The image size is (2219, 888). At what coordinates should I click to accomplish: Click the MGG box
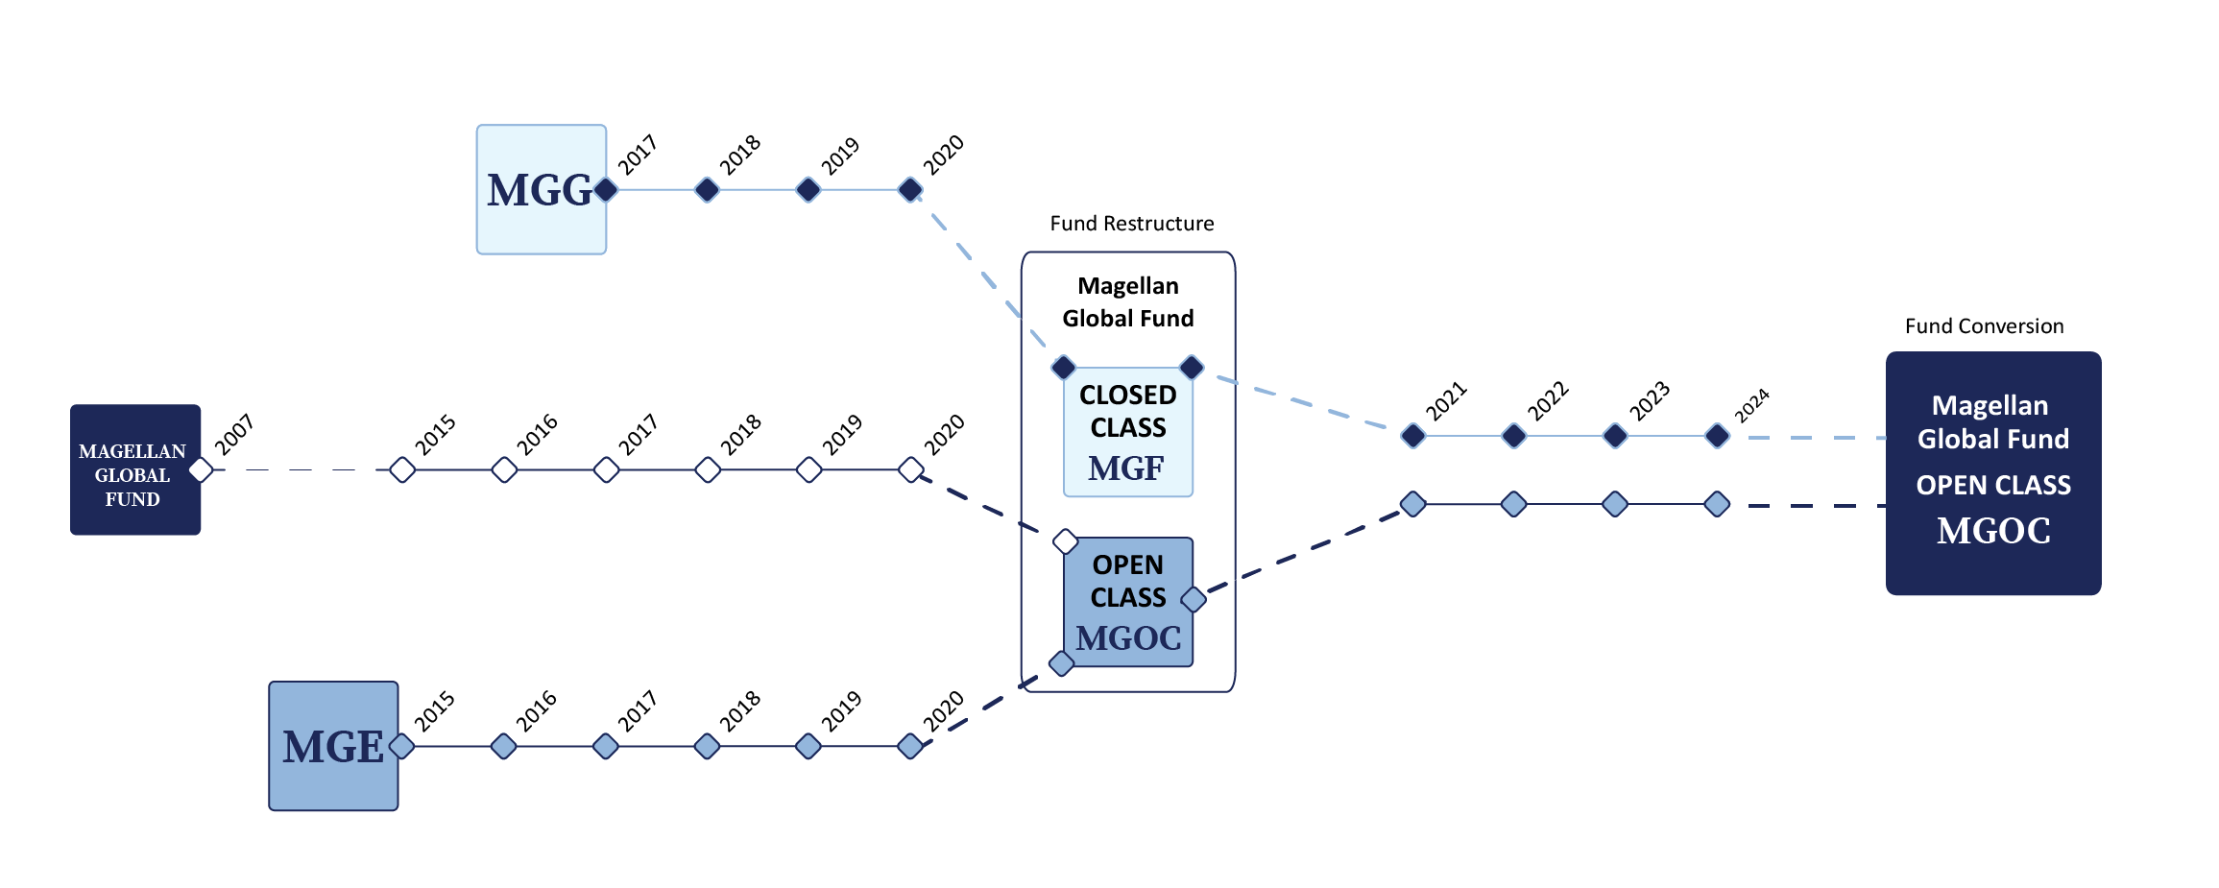(x=541, y=189)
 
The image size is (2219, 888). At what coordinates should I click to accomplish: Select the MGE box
(x=333, y=746)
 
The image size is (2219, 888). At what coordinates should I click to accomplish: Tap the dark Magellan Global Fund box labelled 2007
(x=134, y=470)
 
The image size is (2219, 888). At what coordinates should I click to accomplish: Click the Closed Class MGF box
(x=1127, y=432)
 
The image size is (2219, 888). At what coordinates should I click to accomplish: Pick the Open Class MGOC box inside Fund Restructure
(x=1127, y=602)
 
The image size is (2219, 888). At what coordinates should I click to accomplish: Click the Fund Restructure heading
(x=1131, y=224)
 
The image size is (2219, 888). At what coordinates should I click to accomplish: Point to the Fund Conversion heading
(x=1984, y=326)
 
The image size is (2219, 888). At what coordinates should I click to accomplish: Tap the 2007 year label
(x=233, y=435)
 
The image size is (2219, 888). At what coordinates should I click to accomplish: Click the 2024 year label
(x=1751, y=406)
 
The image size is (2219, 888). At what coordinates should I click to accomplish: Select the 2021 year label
(x=1445, y=401)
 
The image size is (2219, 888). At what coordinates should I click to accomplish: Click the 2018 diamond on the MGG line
(x=707, y=189)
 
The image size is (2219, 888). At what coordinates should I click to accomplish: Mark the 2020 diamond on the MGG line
(x=910, y=189)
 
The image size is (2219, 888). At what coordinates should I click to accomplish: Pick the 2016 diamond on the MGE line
(x=503, y=746)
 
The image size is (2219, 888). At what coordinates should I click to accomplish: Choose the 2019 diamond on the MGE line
(x=808, y=746)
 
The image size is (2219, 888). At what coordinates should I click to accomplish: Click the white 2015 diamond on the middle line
(x=402, y=469)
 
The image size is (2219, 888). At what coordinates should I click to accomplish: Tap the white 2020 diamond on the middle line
(x=910, y=469)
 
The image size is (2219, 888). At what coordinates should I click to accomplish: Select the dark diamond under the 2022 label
(x=1514, y=436)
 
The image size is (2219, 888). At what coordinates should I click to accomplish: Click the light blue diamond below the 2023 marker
(x=1615, y=504)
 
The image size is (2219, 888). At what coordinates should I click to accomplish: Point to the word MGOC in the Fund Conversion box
(x=1993, y=531)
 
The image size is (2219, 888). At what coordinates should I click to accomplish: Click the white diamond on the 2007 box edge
(x=201, y=469)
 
